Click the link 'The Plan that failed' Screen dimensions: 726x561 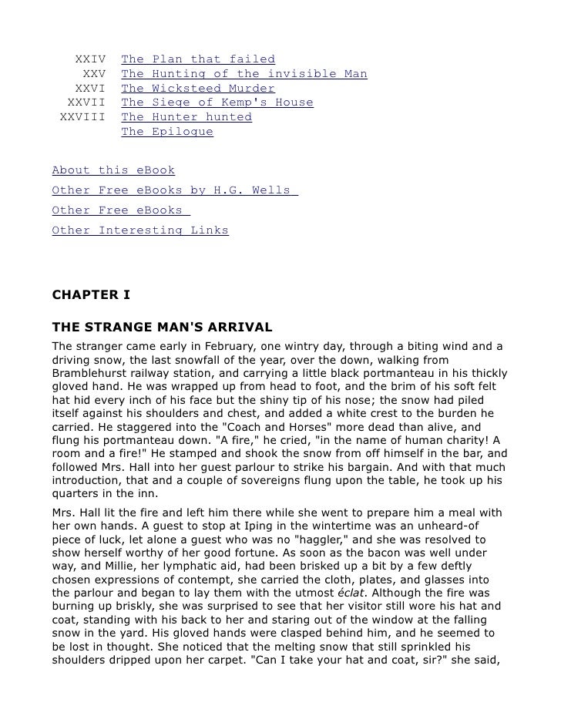[198, 59]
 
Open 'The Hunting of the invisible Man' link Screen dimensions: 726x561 [244, 74]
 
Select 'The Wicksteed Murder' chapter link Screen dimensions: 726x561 [198, 89]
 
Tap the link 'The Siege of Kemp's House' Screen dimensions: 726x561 [217, 103]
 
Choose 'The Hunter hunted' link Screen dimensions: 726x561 [186, 117]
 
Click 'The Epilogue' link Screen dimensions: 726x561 [167, 132]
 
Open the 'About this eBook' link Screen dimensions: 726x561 [113, 170]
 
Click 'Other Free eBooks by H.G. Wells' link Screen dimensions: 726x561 [174, 190]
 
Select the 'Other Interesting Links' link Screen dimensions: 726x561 [140, 230]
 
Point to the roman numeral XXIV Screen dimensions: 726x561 [90, 59]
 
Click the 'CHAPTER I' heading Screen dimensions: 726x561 [91, 294]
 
